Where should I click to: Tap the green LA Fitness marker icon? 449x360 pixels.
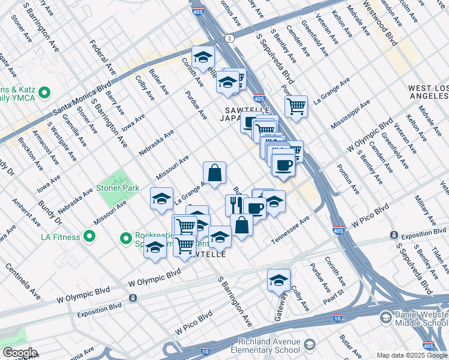89,236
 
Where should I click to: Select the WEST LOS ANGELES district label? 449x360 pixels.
428,92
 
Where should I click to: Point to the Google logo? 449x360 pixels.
19,353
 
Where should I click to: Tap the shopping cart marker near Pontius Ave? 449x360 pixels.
296,107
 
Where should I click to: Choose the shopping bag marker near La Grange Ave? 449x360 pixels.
214,173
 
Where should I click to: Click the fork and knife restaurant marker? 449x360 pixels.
236,205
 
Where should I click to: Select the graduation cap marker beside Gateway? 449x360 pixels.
279,280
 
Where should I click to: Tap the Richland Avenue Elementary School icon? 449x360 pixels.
309,345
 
